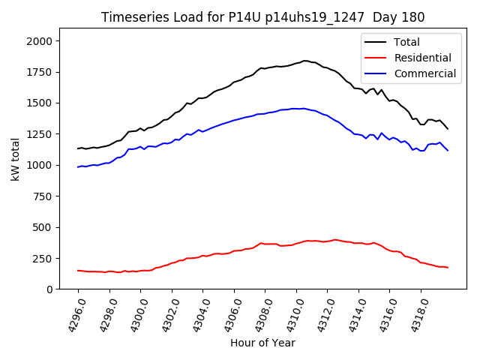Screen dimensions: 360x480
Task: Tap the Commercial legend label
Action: [x=425, y=73]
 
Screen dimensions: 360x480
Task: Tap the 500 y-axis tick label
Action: [x=44, y=226]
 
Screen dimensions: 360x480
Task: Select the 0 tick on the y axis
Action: [x=50, y=289]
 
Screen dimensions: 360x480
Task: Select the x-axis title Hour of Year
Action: [x=262, y=343]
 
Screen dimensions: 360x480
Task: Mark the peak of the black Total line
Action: [x=305, y=61]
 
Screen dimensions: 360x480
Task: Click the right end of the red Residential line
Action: [x=448, y=268]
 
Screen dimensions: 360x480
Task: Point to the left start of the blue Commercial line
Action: [x=78, y=167]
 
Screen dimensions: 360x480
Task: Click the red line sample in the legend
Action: [x=377, y=58]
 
